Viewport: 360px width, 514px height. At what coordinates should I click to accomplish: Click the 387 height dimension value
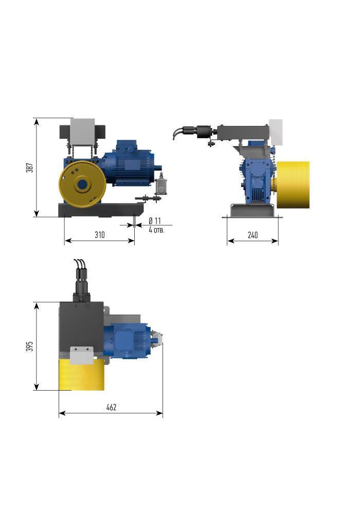[30, 168]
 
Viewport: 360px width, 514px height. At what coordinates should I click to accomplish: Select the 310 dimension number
[100, 235]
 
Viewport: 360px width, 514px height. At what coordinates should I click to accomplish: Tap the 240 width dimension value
[253, 235]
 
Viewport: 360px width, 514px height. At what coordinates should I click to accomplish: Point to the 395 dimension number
[30, 346]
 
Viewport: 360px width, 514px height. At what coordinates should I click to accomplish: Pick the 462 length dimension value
[112, 407]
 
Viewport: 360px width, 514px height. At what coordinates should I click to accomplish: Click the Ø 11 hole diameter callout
[155, 221]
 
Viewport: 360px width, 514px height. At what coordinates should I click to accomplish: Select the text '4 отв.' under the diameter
[156, 230]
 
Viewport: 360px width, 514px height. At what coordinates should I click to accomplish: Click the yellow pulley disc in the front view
[82, 184]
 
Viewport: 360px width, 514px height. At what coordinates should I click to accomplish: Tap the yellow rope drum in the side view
[293, 185]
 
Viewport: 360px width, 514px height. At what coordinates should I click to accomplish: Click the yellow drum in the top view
[81, 374]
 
